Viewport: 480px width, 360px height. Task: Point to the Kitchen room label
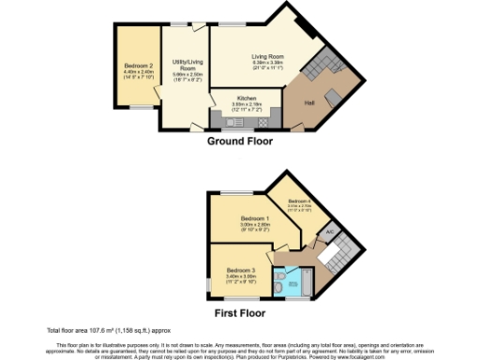click(247, 97)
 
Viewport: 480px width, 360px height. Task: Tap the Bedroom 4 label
click(299, 202)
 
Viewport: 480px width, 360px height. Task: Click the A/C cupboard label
click(329, 232)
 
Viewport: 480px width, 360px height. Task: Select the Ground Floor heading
click(240, 142)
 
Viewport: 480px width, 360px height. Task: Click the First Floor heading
click(240, 313)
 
